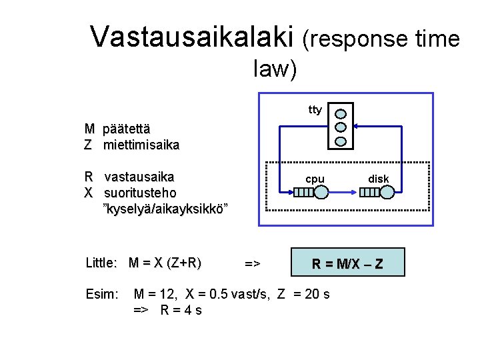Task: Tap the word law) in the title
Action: pyautogui.click(x=275, y=68)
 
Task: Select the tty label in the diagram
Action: pyautogui.click(x=315, y=109)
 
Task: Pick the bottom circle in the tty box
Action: pyautogui.click(x=341, y=140)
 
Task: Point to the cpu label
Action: pyautogui.click(x=315, y=179)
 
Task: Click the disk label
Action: pyautogui.click(x=379, y=179)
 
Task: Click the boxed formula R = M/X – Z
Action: pyautogui.click(x=347, y=263)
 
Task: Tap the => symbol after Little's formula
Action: pyautogui.click(x=252, y=264)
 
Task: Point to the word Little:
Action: pyautogui.click(x=102, y=263)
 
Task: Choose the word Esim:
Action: pyautogui.click(x=102, y=294)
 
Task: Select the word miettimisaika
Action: pyautogui.click(x=141, y=144)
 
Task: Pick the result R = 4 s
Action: pyautogui.click(x=180, y=310)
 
